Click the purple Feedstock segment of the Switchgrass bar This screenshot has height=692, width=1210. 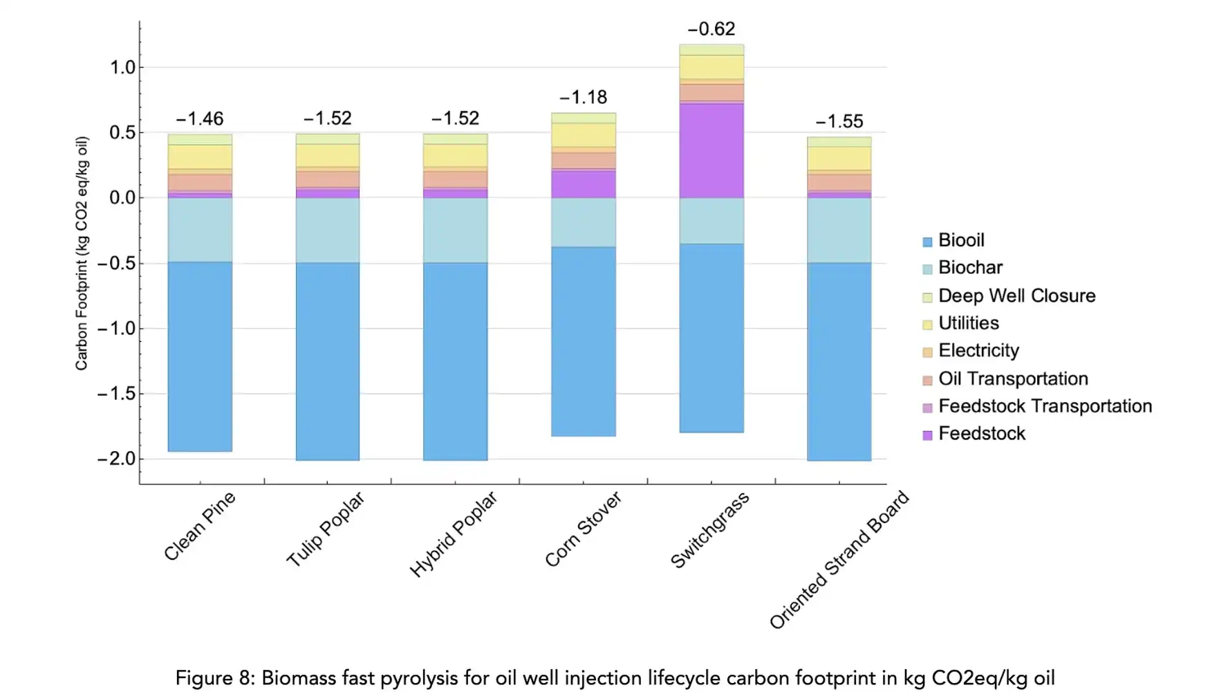pos(711,151)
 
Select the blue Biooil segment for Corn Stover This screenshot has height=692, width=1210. pos(584,341)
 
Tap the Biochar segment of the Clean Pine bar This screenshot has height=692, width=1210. pos(200,230)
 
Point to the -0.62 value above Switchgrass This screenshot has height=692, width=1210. pos(711,29)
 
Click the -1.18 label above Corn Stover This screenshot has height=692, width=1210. pos(584,98)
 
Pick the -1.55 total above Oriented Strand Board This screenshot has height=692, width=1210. pos(839,122)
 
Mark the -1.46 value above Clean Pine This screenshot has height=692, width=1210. pos(200,119)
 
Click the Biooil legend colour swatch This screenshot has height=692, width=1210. pos(927,242)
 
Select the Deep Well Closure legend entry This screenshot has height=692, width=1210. pos(1016,296)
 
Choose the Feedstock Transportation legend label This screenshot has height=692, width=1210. pos(1045,406)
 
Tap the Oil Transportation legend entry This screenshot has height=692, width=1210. pos(1013,379)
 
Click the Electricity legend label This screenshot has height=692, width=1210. pos(978,351)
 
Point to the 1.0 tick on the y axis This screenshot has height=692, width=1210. pos(122,68)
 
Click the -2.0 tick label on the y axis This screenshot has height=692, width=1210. pos(116,459)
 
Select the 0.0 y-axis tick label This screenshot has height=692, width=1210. pos(122,198)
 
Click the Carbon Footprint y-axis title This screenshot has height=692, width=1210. pos(82,253)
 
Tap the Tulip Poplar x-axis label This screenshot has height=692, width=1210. pos(325,529)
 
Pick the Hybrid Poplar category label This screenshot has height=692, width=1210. pos(453,534)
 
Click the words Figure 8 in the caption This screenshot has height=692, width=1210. pos(214,678)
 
